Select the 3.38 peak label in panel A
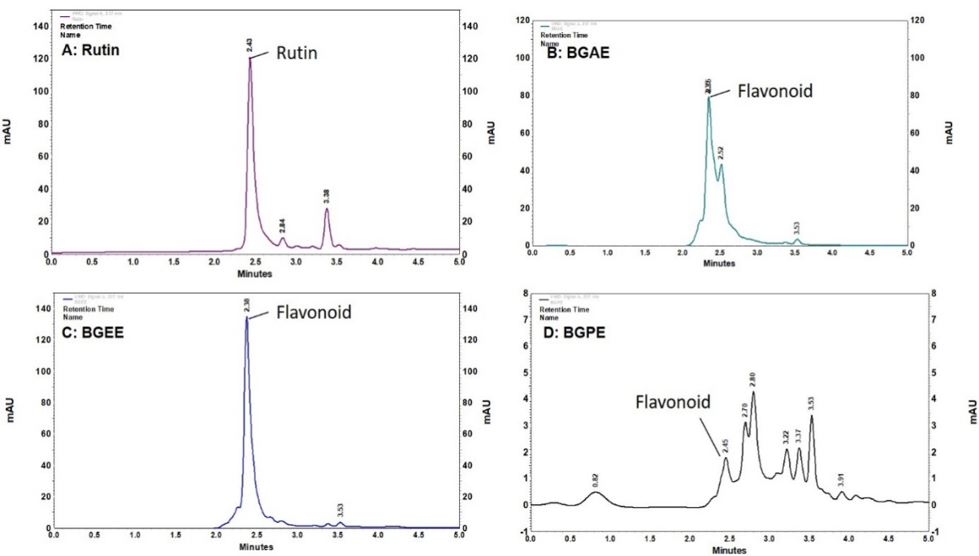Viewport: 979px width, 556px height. (x=327, y=196)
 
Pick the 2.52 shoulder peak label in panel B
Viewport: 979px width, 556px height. (x=721, y=152)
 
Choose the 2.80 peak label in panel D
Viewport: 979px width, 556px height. (x=753, y=379)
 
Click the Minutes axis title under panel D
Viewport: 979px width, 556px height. (x=729, y=550)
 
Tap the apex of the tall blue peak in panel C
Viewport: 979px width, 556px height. (x=246, y=318)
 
